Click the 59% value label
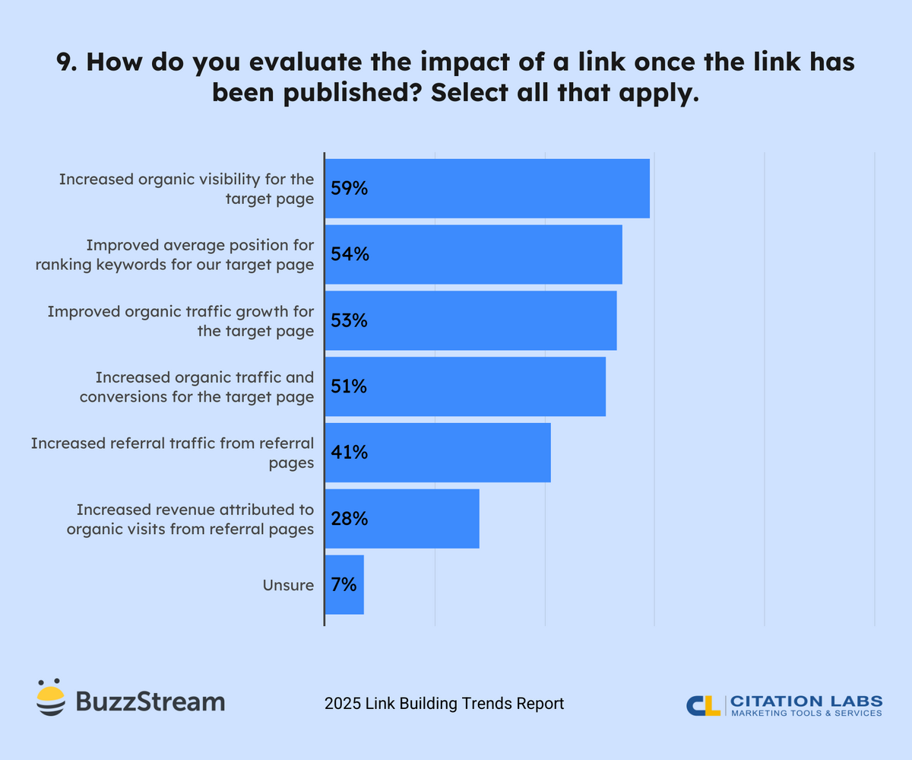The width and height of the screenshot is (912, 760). (350, 189)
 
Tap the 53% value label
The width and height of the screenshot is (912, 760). (350, 321)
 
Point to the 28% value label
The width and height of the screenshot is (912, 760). (350, 519)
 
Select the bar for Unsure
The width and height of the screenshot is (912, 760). (344, 585)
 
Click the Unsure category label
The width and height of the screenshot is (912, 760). (288, 585)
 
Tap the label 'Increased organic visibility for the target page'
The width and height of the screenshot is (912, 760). (186, 189)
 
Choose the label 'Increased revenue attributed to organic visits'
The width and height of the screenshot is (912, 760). (190, 519)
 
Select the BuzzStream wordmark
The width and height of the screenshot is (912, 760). (150, 701)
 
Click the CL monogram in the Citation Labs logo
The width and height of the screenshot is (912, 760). (703, 705)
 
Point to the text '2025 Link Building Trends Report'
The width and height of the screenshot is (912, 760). (444, 704)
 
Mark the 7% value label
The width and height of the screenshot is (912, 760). (344, 585)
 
